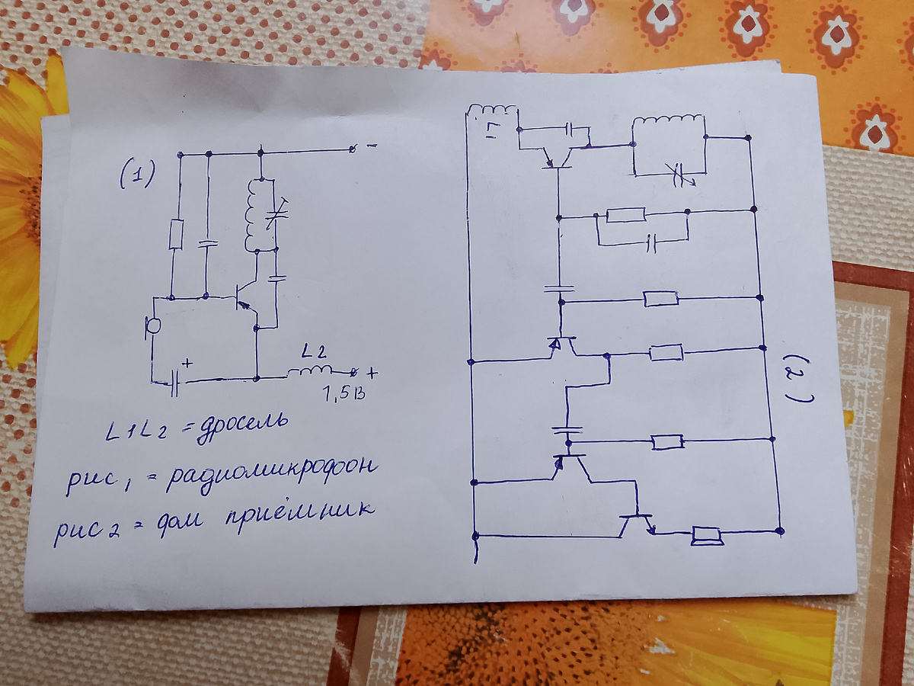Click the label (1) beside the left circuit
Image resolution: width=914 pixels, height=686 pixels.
[x=138, y=176]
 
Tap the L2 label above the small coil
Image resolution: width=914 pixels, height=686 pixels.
[x=314, y=352]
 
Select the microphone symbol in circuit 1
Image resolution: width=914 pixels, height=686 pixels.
[x=152, y=325]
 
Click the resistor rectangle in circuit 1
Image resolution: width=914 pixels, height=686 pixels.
[x=175, y=235]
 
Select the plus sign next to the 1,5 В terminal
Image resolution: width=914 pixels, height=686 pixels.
[x=371, y=373]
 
